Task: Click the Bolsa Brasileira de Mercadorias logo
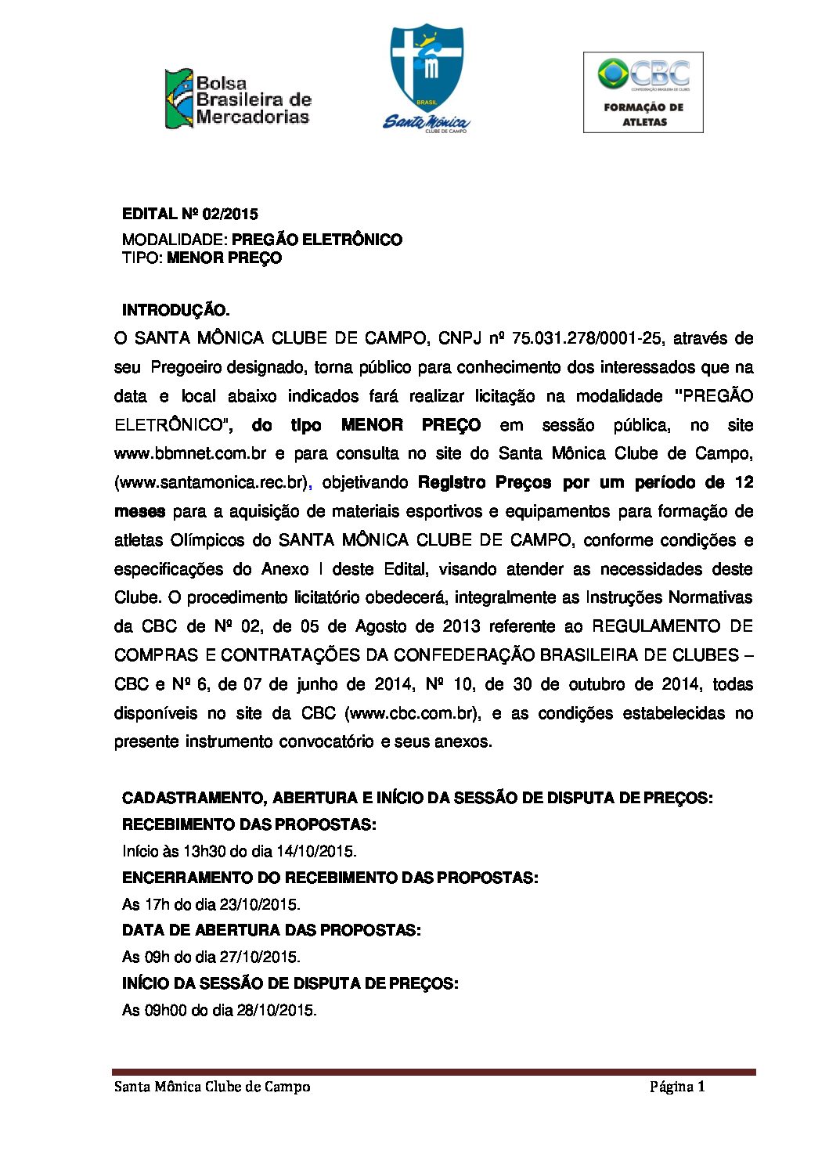click(238, 99)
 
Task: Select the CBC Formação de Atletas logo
click(643, 92)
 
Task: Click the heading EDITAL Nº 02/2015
click(190, 214)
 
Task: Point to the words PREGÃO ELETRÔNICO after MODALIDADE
click(317, 240)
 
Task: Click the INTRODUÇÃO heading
click(176, 311)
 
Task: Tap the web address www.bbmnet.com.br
click(190, 453)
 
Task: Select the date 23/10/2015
click(260, 904)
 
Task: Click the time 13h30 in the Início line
click(204, 851)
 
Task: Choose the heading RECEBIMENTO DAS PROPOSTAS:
click(249, 824)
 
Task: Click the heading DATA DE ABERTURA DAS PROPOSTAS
click(271, 930)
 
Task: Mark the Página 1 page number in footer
click(677, 1087)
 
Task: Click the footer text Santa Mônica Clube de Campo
click(212, 1087)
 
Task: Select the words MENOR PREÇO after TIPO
click(225, 258)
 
